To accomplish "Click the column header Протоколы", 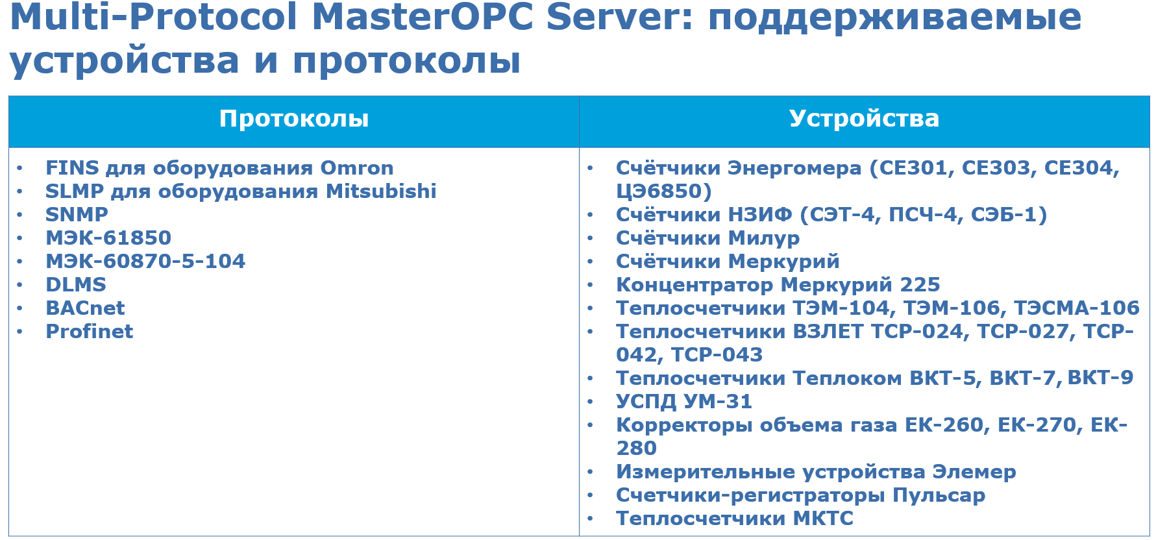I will [x=293, y=119].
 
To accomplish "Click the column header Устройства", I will [x=864, y=119].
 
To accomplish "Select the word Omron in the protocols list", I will [x=357, y=168].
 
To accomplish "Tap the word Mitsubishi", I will [x=381, y=191].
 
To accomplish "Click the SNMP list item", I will [x=77, y=215].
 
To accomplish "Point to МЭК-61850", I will [x=108, y=238].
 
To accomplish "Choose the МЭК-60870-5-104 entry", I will [x=145, y=262].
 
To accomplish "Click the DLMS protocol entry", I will [x=76, y=285].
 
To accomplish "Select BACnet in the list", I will [x=85, y=308].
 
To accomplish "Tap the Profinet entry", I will [x=90, y=332].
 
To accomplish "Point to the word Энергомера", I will [x=794, y=168].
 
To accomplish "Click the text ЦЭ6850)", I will [x=663, y=191].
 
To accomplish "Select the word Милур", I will [x=763, y=238].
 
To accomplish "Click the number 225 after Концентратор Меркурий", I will [x=920, y=285].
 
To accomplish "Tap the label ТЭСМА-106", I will [x=1076, y=308].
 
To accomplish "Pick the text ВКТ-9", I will [x=1100, y=378].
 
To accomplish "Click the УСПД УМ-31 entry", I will [x=684, y=402].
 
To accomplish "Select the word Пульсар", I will [x=939, y=495].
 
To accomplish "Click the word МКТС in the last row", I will [x=823, y=519].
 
